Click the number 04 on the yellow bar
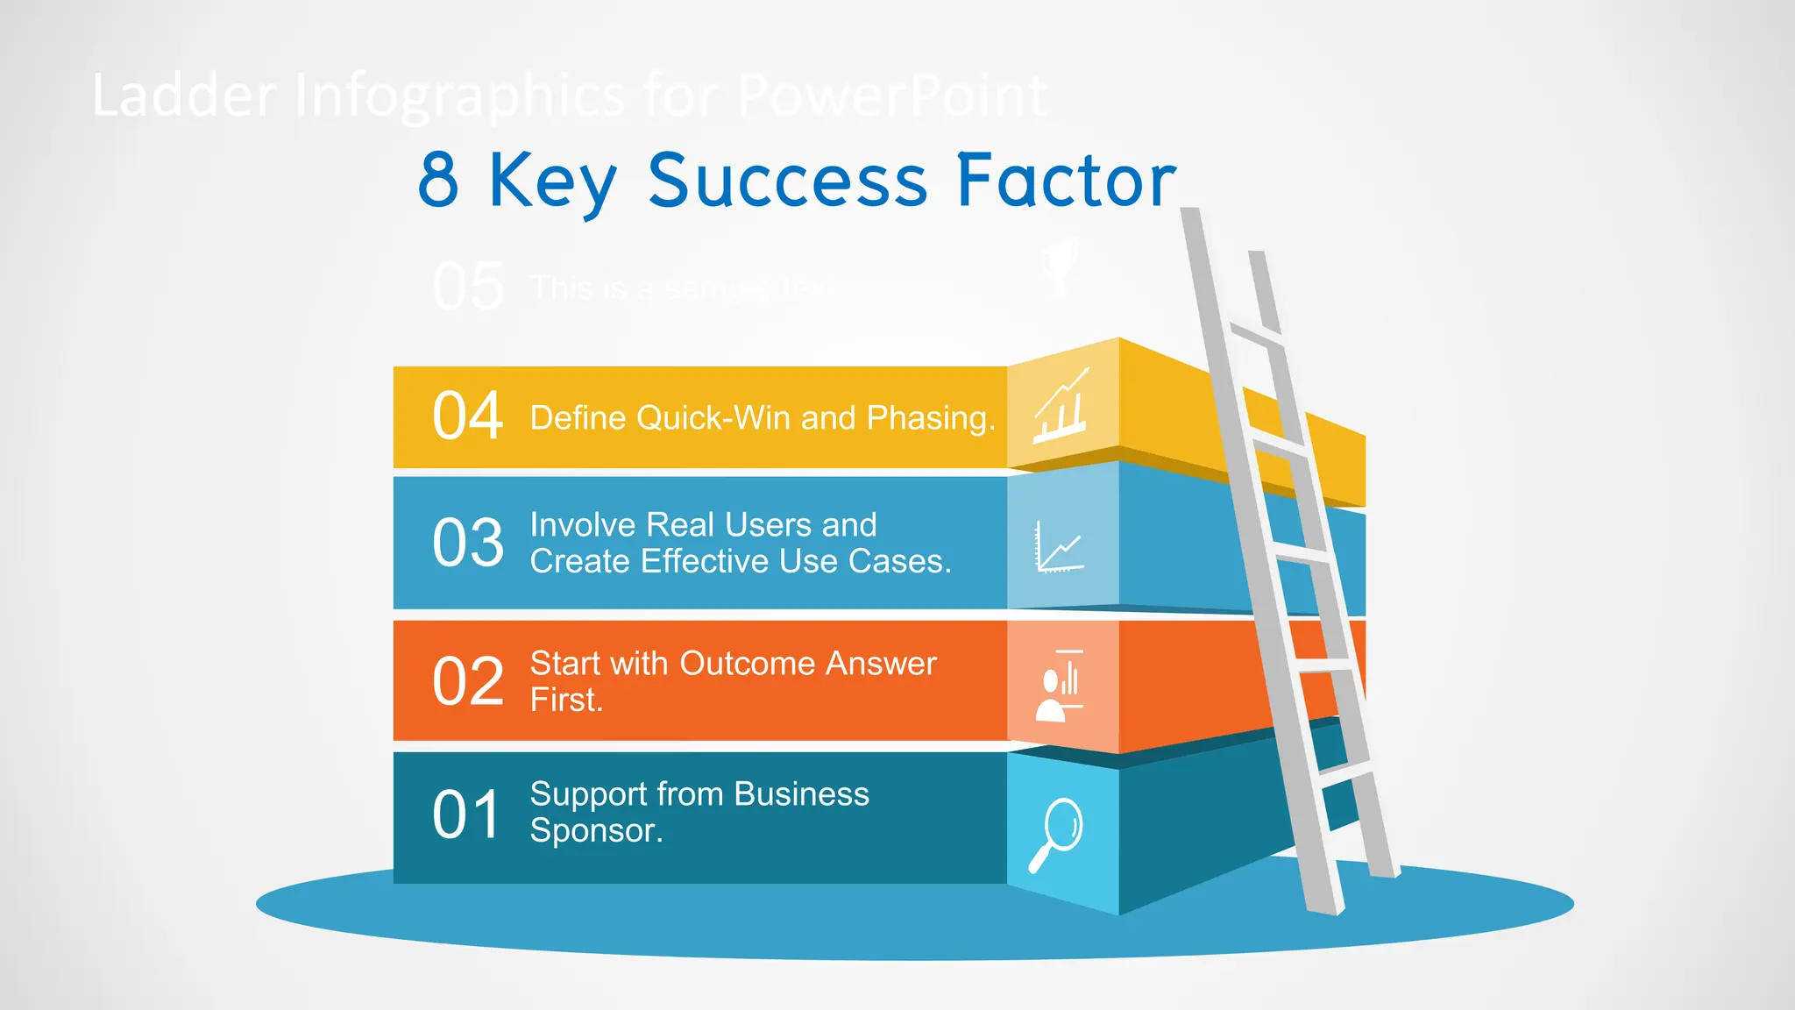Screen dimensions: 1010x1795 coord(467,416)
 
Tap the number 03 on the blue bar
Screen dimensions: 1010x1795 coord(468,543)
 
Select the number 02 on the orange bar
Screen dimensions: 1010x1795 coord(468,681)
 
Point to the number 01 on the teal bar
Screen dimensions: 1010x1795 coord(466,814)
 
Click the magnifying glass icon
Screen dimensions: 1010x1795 coord(1058,834)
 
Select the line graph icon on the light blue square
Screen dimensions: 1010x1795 coord(1060,547)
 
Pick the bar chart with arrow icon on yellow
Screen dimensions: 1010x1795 coord(1062,407)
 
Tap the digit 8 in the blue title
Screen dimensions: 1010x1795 coord(438,180)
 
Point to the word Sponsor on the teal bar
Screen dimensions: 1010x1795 coord(595,830)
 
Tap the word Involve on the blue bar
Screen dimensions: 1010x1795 coord(582,525)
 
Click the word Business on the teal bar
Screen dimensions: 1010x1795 coord(801,793)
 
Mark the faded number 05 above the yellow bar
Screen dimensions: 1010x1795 coord(468,287)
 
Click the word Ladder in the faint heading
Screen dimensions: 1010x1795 coord(184,96)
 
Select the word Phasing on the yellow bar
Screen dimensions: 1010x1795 coord(930,418)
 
